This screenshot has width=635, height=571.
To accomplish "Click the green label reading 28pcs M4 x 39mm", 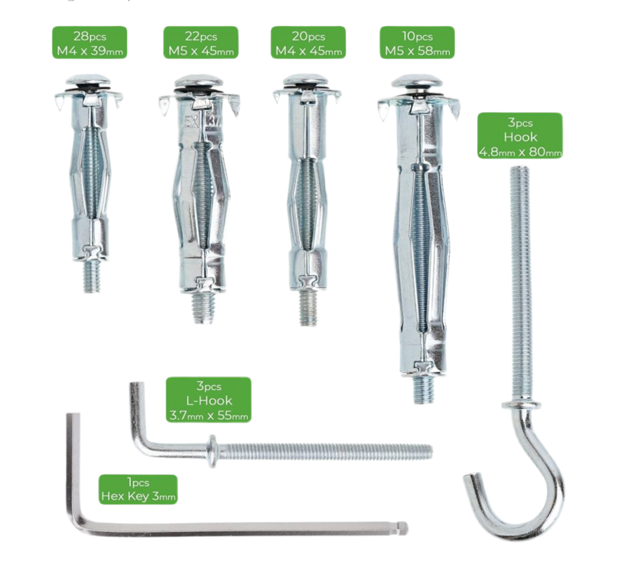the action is (x=89, y=43).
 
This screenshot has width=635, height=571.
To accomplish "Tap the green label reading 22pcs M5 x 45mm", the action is (x=201, y=43).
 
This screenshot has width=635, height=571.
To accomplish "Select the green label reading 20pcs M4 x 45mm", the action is (x=308, y=43).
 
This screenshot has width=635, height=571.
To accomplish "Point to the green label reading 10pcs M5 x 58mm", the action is (x=417, y=43).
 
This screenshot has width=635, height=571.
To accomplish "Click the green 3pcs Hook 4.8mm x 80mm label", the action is (x=520, y=136).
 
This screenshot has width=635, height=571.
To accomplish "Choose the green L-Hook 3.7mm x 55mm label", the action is (x=208, y=400).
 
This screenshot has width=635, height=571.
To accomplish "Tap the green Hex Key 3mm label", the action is (x=138, y=489).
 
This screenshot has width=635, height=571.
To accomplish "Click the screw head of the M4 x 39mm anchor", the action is (x=89, y=80).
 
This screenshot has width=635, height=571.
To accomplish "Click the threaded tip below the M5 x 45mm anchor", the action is (x=203, y=307).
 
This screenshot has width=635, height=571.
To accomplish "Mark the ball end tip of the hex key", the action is (x=402, y=527).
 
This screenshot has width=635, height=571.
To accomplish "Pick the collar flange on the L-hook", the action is (x=212, y=451).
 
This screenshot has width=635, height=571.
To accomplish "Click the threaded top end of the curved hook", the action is (x=519, y=170).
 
